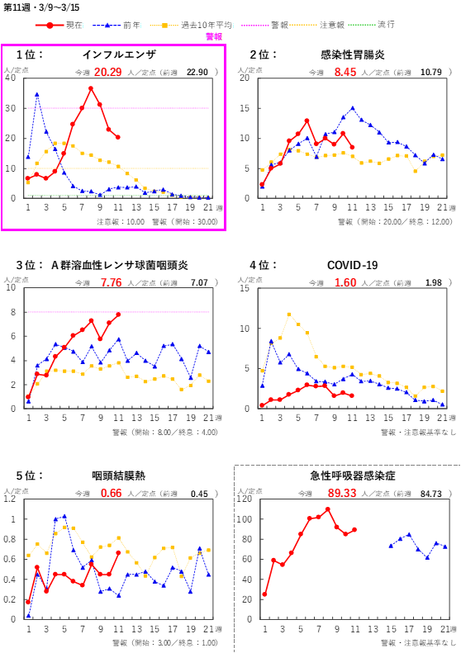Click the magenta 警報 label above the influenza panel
(214, 37)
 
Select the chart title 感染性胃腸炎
(352, 55)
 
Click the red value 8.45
(345, 73)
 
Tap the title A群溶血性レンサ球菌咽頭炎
(120, 265)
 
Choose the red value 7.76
(112, 282)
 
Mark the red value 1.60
(345, 282)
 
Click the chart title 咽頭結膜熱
(119, 476)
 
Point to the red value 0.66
(112, 493)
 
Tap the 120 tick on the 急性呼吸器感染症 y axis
(245, 499)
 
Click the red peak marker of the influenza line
(91, 88)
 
